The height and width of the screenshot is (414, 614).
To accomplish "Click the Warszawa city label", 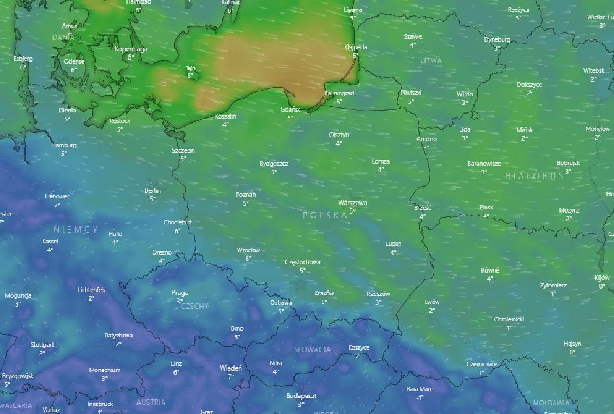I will (x=352, y=203).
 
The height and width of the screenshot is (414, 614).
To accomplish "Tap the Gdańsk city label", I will (x=290, y=109).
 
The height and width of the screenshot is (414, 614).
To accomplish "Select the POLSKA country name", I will (x=325, y=215).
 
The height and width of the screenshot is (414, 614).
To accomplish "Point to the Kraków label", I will (x=324, y=293).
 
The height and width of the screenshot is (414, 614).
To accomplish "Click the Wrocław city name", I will (x=248, y=250).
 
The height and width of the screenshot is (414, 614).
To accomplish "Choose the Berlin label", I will (x=153, y=190).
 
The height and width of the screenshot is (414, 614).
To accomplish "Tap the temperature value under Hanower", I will (x=57, y=205).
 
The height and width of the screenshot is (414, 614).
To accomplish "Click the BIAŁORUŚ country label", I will (x=534, y=176).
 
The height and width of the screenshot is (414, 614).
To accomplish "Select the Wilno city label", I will (x=464, y=94).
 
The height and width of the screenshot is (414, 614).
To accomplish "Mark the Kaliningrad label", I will (x=339, y=94).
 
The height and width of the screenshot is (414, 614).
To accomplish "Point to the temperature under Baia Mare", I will (x=420, y=397).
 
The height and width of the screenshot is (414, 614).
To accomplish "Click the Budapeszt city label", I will (x=301, y=396).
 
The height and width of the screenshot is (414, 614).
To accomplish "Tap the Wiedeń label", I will (x=230, y=368).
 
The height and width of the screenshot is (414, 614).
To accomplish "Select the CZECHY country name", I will (x=194, y=306).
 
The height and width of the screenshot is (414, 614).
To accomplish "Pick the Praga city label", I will (x=179, y=293).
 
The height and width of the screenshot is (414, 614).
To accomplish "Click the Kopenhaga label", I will (x=131, y=49).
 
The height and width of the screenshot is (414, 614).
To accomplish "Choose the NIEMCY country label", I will (x=76, y=230).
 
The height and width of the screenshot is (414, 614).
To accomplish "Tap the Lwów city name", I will (x=432, y=302).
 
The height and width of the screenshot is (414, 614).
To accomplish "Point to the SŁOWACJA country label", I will (x=312, y=350).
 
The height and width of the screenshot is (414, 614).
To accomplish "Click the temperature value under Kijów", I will (x=602, y=286).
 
